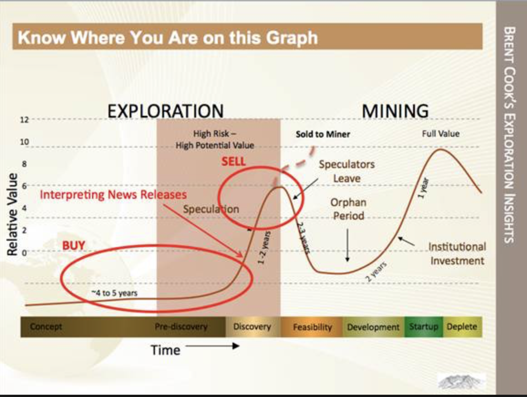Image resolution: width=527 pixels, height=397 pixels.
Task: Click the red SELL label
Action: pos(233,161)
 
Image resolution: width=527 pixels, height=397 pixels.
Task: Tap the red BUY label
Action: pos(73,245)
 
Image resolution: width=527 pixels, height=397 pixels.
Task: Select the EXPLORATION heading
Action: pos(165,111)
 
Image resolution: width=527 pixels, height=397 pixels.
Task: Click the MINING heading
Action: pos(395,111)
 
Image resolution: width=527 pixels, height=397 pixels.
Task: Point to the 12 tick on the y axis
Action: pos(24,120)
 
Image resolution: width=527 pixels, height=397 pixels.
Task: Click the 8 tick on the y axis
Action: pos(24,165)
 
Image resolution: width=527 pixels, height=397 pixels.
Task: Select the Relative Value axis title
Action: pos(12,214)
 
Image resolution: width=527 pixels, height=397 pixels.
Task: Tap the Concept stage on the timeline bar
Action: pos(46,326)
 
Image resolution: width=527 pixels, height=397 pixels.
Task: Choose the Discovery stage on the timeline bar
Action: pos(252,326)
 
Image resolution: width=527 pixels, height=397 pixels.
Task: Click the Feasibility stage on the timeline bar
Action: pos(312,327)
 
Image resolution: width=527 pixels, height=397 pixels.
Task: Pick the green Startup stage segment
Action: pos(424,326)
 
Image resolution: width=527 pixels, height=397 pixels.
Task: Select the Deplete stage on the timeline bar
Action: pos(462,326)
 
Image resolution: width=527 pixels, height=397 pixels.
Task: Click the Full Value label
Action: pos(441,134)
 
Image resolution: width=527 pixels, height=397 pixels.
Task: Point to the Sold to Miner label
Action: pos(323,134)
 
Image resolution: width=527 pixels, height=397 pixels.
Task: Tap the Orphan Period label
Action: pos(348,209)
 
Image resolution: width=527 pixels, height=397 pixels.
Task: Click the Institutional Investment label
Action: pos(457,253)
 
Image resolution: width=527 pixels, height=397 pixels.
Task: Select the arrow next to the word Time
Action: pos(212,346)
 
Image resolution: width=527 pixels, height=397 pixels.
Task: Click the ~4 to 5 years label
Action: pos(114,293)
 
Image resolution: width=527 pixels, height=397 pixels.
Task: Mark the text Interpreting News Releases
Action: pos(113,195)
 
